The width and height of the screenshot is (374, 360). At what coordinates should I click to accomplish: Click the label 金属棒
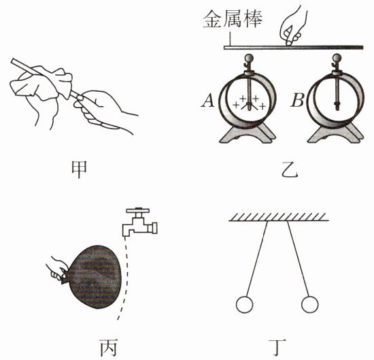[233, 19]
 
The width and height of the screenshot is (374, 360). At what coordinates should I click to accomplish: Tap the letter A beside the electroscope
[208, 101]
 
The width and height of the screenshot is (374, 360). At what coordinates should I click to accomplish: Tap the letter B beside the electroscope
[297, 101]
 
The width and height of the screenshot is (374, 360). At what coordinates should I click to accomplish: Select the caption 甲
[79, 169]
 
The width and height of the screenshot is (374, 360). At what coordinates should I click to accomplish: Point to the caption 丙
[108, 348]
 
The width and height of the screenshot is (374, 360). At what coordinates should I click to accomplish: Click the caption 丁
[277, 348]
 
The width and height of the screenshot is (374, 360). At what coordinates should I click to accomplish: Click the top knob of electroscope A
[250, 58]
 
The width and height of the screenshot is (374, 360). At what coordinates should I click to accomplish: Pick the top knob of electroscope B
[337, 58]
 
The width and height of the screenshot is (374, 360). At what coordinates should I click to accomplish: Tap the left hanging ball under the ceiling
[244, 304]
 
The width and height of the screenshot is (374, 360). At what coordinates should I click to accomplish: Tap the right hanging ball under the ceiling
[310, 304]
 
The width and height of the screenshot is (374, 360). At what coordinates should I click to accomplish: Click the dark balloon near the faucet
[95, 276]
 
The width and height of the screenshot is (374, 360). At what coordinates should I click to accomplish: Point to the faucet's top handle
[138, 211]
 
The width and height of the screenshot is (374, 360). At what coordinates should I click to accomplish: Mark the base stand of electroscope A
[248, 133]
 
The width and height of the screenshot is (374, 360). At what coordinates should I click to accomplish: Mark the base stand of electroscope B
[336, 133]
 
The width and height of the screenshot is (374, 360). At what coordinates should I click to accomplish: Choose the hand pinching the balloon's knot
[56, 269]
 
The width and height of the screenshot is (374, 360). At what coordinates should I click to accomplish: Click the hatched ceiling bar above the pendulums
[279, 217]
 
